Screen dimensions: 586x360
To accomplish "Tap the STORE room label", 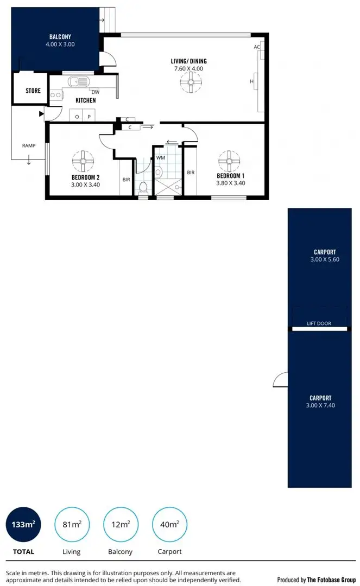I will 33,91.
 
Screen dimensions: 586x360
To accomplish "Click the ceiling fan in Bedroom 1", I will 229,161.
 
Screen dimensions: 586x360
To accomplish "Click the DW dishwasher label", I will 95,92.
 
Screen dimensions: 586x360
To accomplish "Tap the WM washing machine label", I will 161,157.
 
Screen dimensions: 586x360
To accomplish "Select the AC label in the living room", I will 257,47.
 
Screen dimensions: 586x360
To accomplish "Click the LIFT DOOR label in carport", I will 319,323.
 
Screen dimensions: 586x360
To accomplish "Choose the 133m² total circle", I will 23,524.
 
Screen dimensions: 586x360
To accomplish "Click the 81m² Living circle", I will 71,524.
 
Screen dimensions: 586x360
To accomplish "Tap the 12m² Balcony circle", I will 120,524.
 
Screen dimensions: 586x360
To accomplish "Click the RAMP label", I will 29,145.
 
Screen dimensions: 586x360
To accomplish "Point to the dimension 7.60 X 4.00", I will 188,69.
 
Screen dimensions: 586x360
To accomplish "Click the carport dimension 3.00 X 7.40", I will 320,405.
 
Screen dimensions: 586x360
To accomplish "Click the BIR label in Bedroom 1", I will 191,173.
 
